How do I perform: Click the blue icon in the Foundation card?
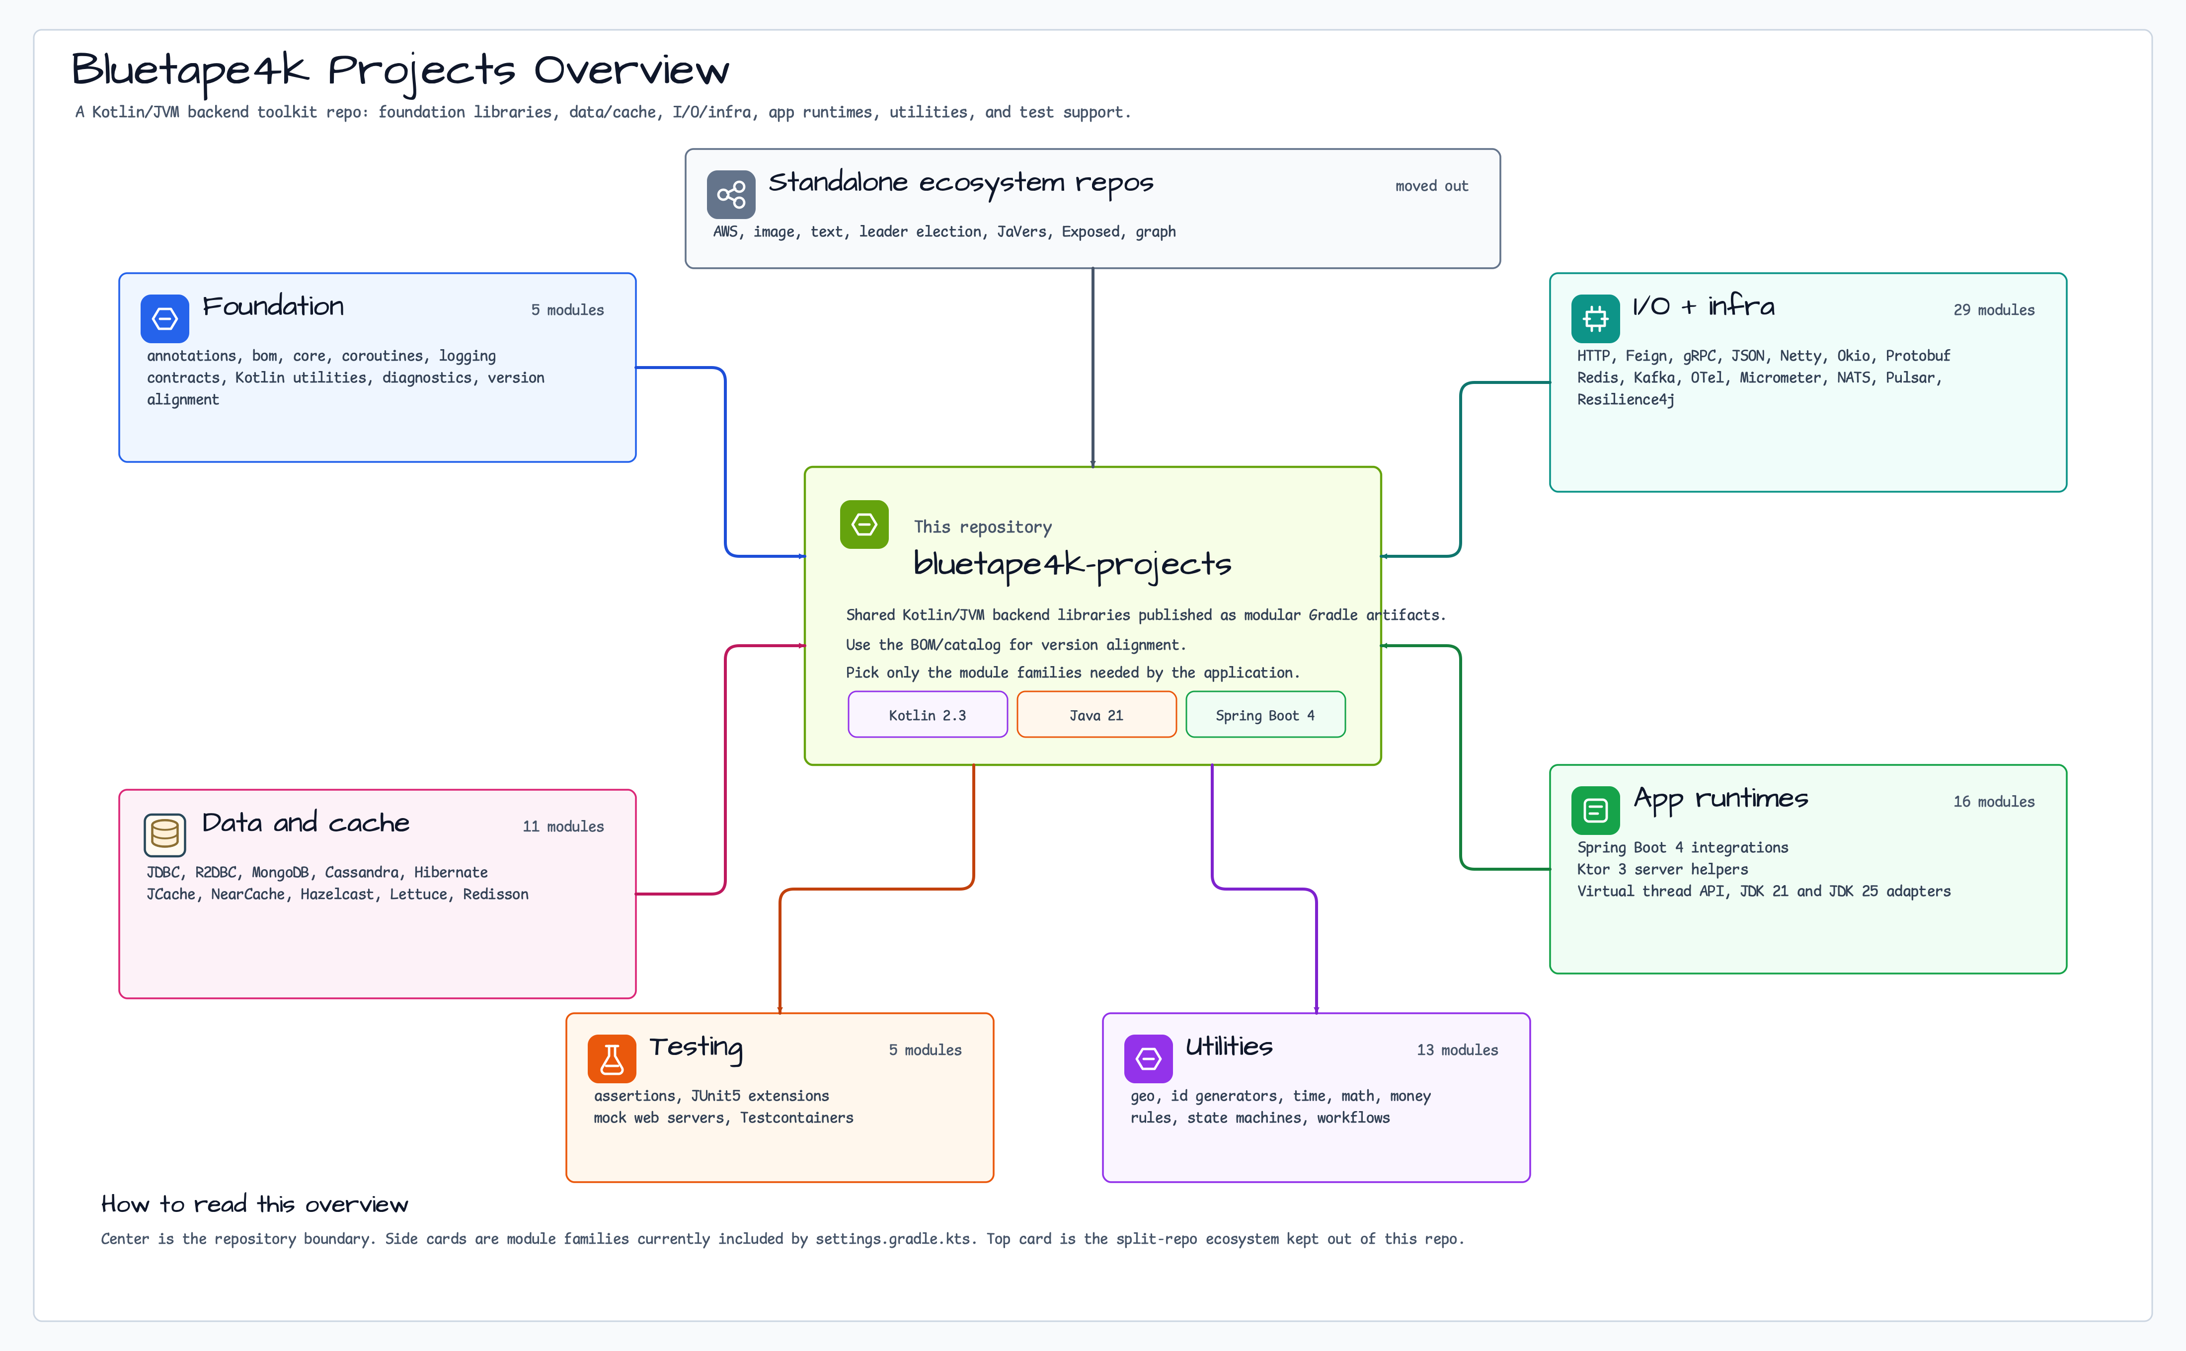pyautogui.click(x=164, y=318)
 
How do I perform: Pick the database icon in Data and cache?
pyautogui.click(x=164, y=834)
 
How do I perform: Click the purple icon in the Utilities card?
pyautogui.click(x=1149, y=1059)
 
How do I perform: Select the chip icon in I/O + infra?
pyautogui.click(x=1595, y=318)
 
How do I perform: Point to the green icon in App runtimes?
pyautogui.click(x=1595, y=811)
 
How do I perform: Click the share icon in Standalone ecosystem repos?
pyautogui.click(x=731, y=194)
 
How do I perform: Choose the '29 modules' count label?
pyautogui.click(x=1994, y=310)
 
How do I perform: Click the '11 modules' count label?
pyautogui.click(x=563, y=826)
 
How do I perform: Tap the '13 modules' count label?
pyautogui.click(x=1458, y=1050)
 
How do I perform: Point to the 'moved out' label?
pyautogui.click(x=1432, y=186)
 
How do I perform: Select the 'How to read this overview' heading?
pyautogui.click(x=255, y=1204)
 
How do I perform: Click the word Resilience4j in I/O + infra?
pyautogui.click(x=1626, y=399)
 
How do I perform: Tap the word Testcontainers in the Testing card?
pyautogui.click(x=796, y=1118)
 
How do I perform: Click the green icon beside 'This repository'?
pyautogui.click(x=864, y=525)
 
